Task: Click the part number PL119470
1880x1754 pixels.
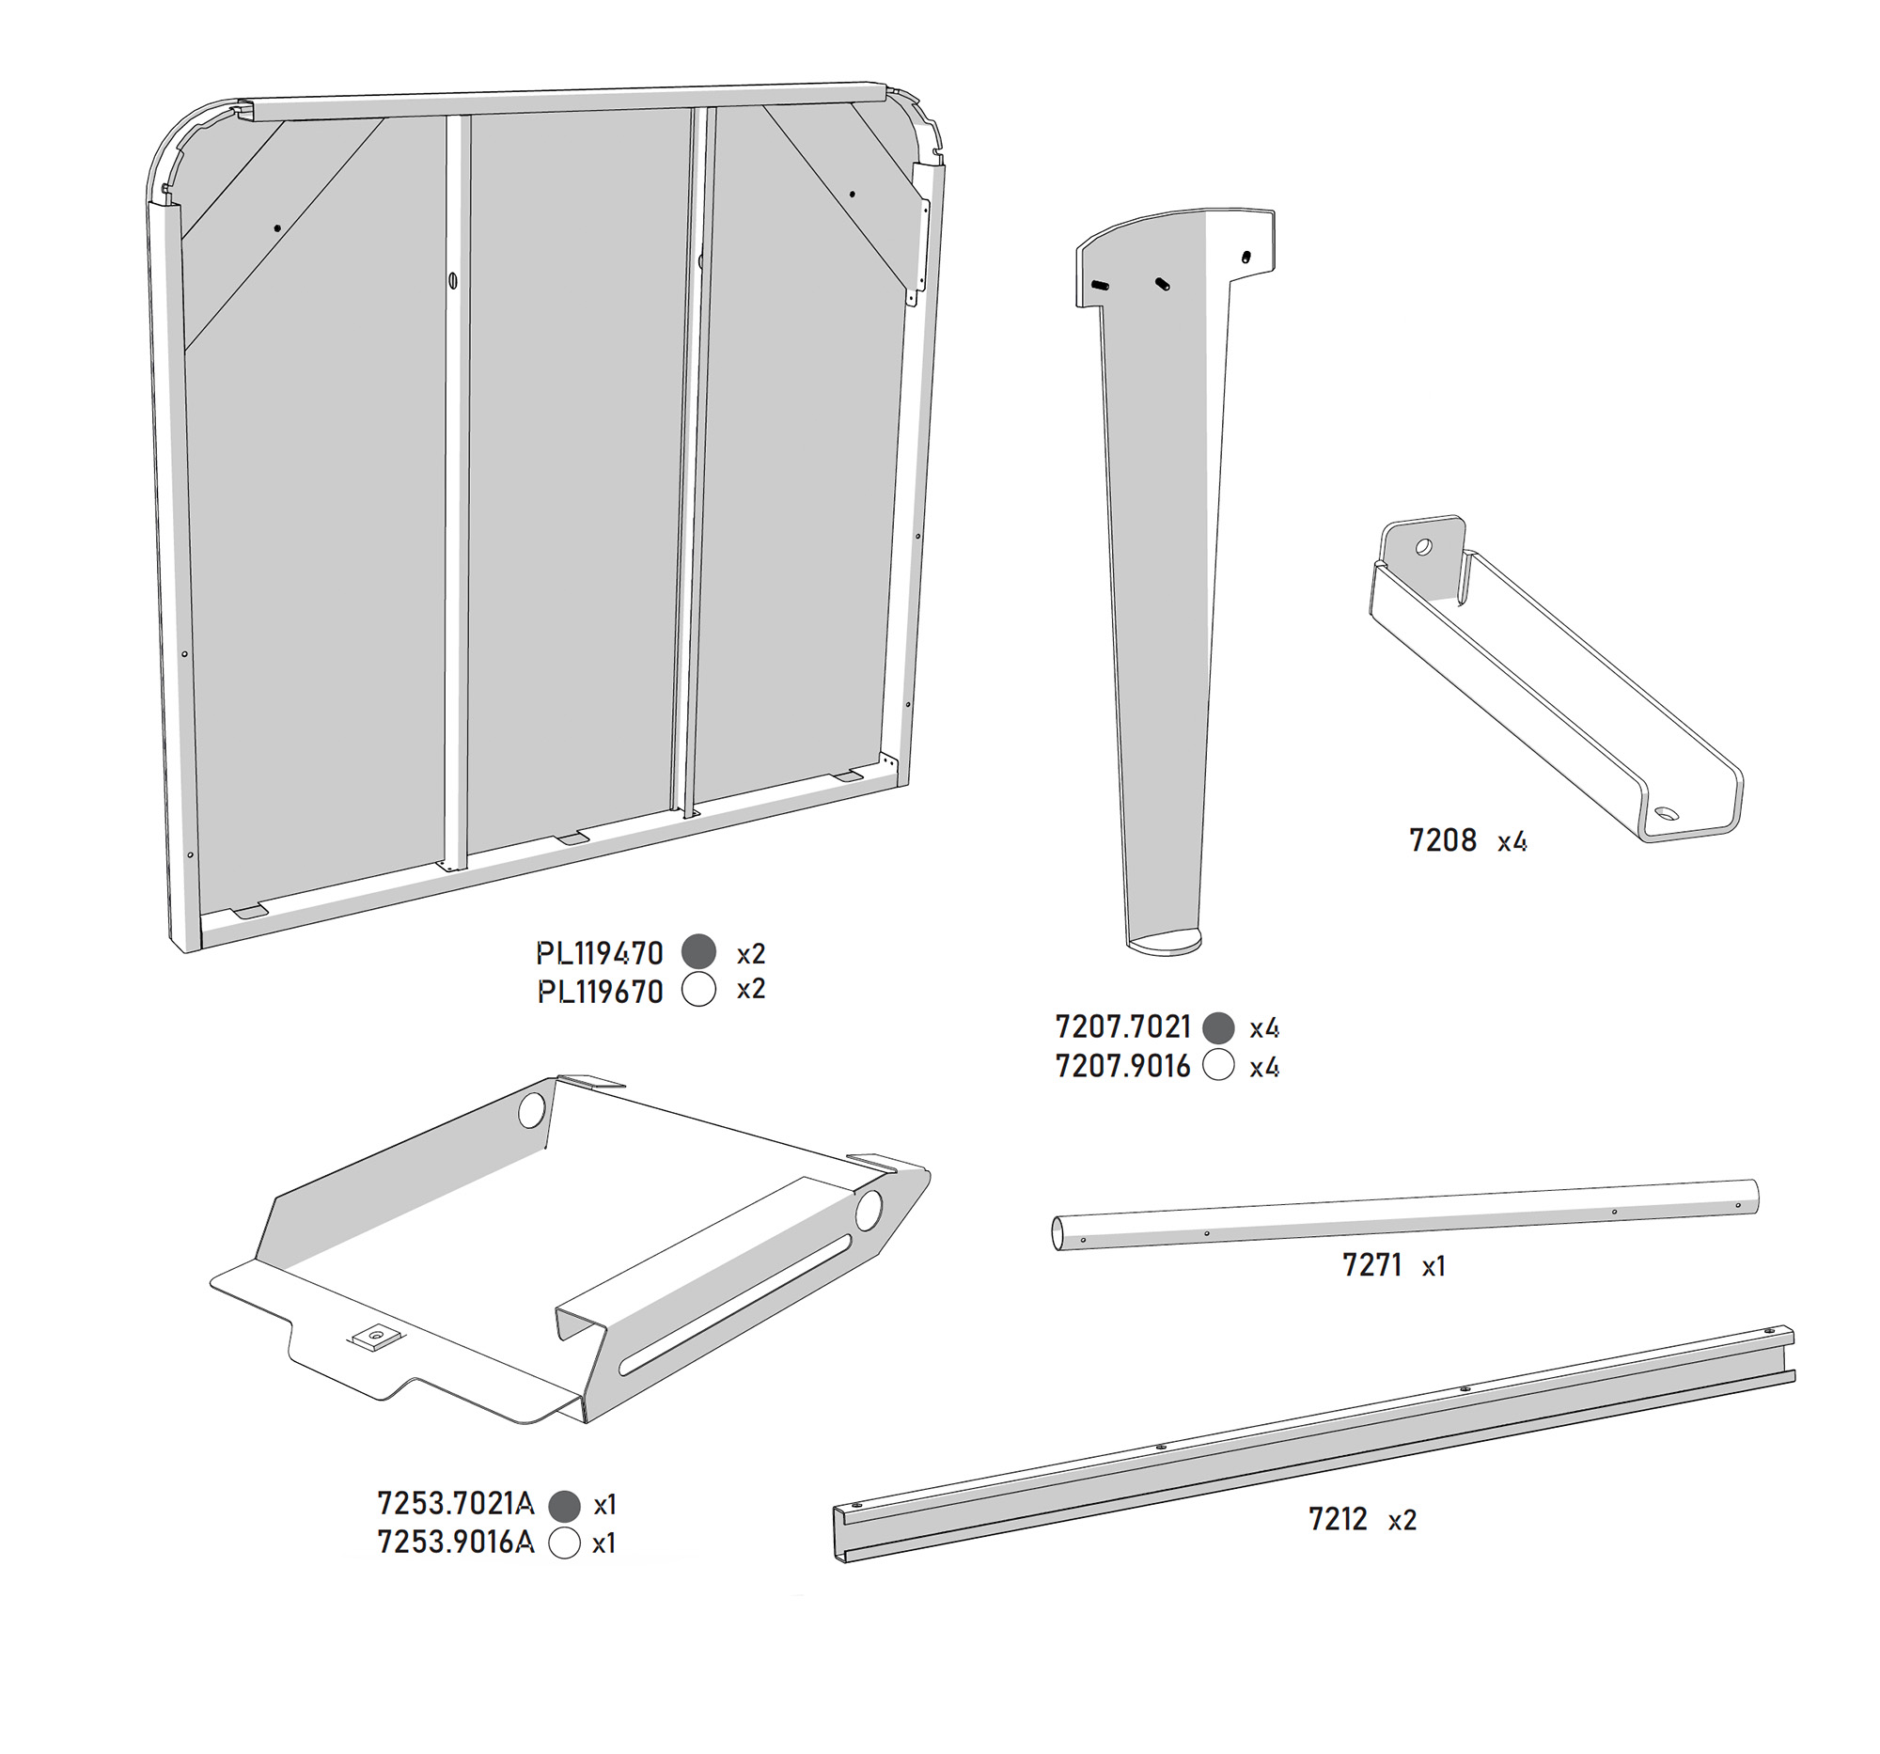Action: tap(600, 953)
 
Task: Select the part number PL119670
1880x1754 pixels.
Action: tap(601, 992)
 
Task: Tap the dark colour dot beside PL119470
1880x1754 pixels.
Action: tap(698, 951)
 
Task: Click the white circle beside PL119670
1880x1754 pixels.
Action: tap(698, 989)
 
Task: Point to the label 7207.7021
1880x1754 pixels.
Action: tap(1122, 1026)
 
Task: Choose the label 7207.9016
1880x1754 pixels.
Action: tap(1122, 1066)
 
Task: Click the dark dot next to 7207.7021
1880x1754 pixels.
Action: tap(1218, 1026)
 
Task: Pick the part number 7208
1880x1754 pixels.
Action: tap(1442, 839)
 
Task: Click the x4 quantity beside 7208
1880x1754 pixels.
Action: tap(1512, 840)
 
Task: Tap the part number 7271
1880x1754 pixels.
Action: tap(1371, 1265)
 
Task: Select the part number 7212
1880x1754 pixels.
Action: tap(1338, 1520)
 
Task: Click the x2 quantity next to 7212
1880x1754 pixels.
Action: tap(1402, 1521)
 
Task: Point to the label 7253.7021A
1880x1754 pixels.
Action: tap(456, 1502)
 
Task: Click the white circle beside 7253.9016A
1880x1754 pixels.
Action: tap(565, 1543)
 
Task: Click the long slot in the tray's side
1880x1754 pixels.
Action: tap(734, 1309)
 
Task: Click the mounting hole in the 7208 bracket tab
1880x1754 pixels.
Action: tap(1423, 546)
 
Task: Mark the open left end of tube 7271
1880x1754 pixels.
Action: tap(1059, 1234)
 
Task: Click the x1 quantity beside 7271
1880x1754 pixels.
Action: tap(1433, 1266)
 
